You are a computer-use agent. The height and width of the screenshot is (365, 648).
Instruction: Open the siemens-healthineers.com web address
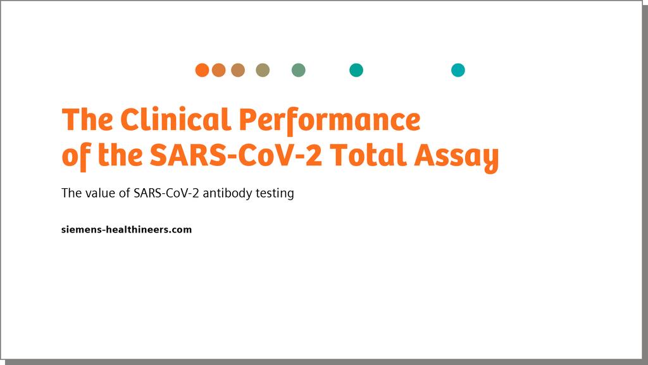[x=127, y=229]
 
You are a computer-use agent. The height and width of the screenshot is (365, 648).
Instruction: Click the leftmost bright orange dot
[x=202, y=70]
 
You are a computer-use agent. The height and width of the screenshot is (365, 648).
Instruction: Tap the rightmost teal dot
[x=458, y=70]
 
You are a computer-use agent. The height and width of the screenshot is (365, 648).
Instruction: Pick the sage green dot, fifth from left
[x=299, y=70]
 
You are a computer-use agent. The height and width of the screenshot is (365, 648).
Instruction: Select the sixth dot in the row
[x=356, y=70]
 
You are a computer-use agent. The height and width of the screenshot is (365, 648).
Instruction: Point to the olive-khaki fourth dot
[x=263, y=70]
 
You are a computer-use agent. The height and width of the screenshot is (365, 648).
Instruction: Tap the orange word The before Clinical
[x=87, y=120]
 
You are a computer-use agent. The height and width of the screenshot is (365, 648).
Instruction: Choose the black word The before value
[x=71, y=193]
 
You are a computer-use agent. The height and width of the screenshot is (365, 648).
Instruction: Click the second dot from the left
[x=219, y=70]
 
